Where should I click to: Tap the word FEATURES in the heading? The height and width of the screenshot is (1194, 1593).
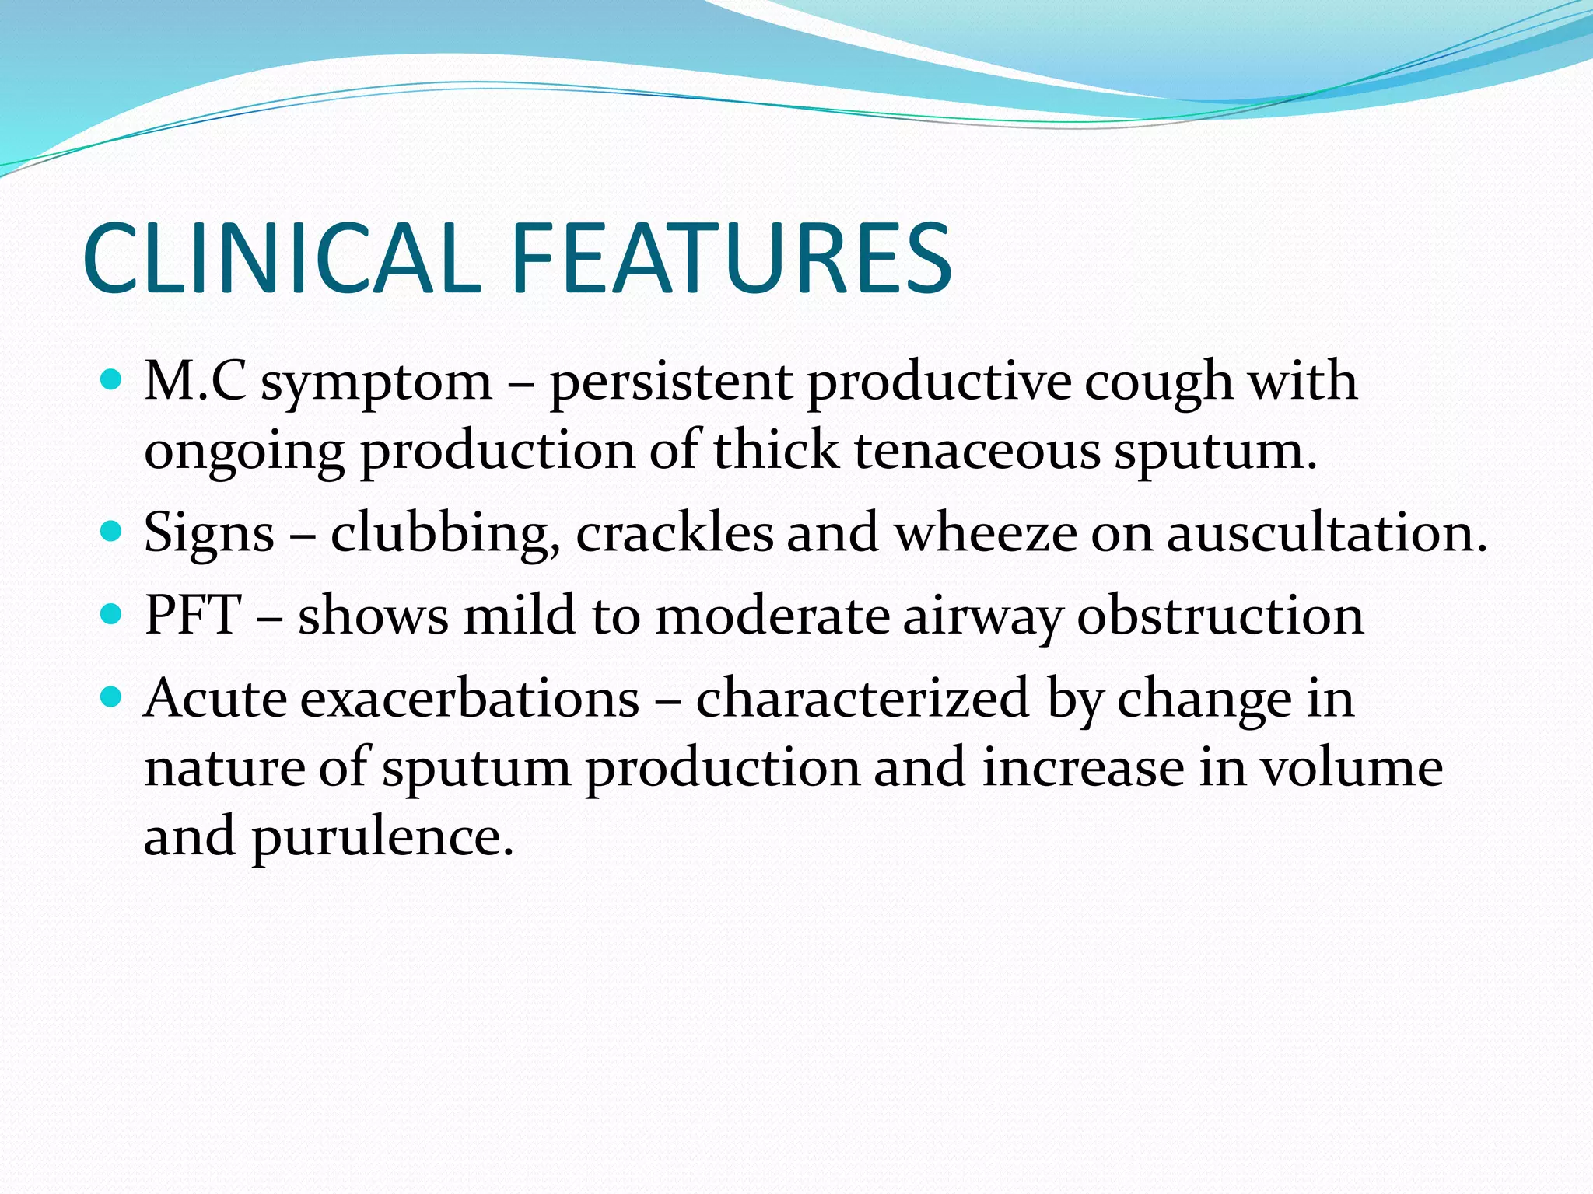(731, 258)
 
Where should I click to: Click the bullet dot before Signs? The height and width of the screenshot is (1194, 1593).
(113, 532)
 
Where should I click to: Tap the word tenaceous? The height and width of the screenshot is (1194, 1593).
(977, 451)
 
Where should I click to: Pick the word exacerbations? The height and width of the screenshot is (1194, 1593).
(470, 698)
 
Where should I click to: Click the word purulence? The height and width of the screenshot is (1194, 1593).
(382, 838)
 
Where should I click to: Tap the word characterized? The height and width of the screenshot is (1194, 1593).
(863, 698)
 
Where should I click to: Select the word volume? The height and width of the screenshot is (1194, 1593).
(1351, 768)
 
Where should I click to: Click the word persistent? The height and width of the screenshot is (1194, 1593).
(671, 382)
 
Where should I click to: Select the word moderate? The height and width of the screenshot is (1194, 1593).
(772, 616)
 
